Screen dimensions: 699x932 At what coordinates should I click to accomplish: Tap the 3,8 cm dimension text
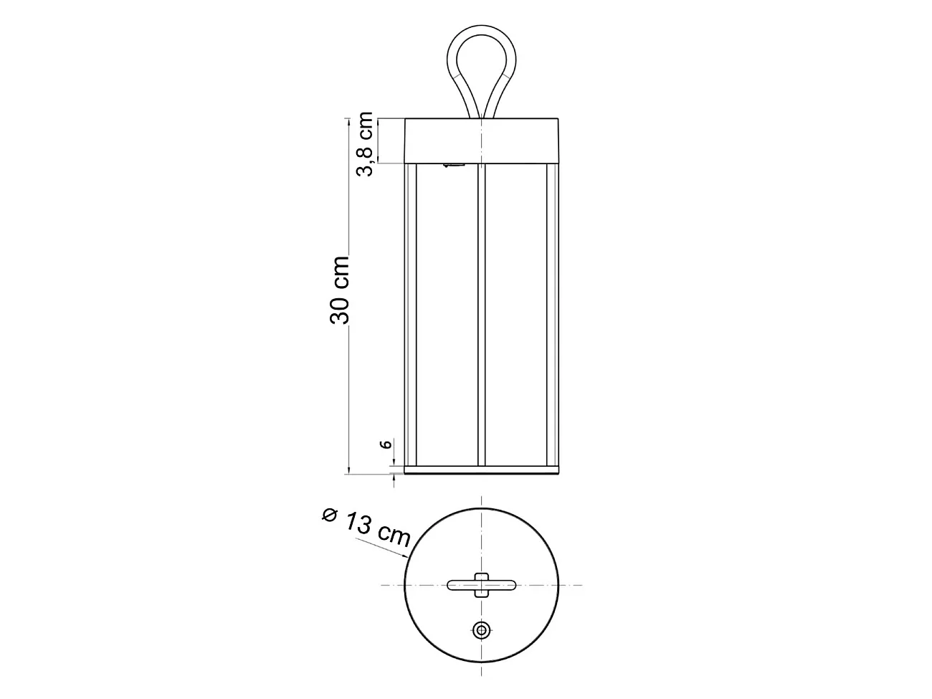tap(365, 144)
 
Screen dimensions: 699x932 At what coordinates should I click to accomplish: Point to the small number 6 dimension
tap(385, 444)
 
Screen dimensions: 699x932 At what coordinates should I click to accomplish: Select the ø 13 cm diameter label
tap(366, 526)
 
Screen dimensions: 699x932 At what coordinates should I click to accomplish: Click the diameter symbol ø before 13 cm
tap(329, 514)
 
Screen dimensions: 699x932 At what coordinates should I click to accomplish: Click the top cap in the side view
tap(481, 140)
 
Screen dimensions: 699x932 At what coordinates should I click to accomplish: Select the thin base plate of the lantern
tap(481, 471)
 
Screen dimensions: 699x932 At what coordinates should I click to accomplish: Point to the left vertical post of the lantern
tap(411, 315)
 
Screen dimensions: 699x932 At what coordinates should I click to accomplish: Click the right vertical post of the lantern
tap(551, 315)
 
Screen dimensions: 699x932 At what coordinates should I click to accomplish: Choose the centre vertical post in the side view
tap(481, 315)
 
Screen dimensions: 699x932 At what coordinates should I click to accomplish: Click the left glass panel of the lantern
tap(445, 315)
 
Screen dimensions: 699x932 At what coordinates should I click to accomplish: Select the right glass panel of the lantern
tap(516, 315)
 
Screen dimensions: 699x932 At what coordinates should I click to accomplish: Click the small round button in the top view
tap(481, 630)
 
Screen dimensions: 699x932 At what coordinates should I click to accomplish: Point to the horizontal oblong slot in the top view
tap(502, 585)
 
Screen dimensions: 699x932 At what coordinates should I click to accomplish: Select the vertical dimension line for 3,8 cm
tap(378, 141)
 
